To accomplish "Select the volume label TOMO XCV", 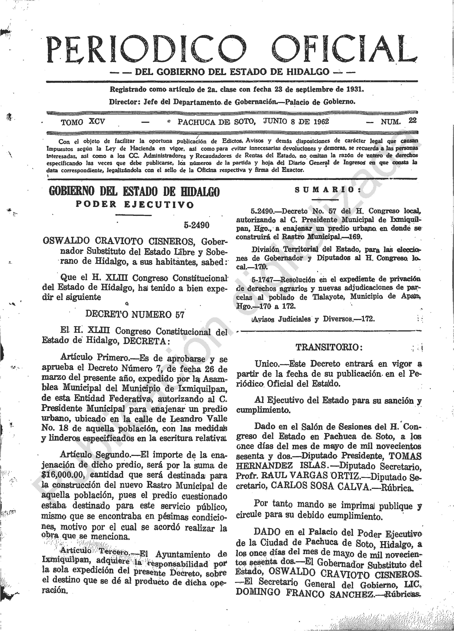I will (x=83, y=122).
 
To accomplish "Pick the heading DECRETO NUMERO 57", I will (x=135, y=314).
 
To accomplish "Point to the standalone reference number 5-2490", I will (x=197, y=225).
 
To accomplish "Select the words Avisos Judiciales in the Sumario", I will (x=281, y=319).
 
